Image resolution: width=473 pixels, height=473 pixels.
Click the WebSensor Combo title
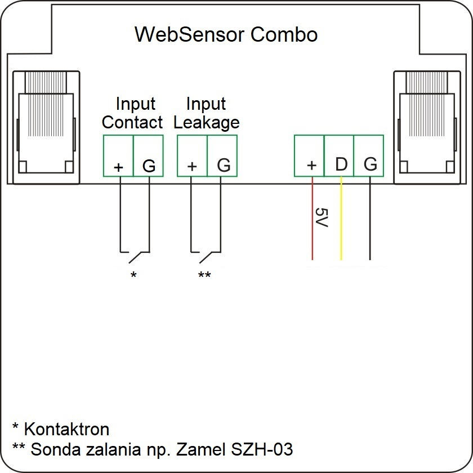(226, 34)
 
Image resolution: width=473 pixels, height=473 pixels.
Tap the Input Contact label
(133, 113)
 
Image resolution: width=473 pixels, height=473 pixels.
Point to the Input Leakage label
(206, 113)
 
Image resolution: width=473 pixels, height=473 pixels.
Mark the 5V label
(322, 218)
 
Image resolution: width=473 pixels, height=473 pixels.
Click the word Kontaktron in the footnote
(66, 430)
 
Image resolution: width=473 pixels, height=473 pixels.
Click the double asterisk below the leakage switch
(204, 275)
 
